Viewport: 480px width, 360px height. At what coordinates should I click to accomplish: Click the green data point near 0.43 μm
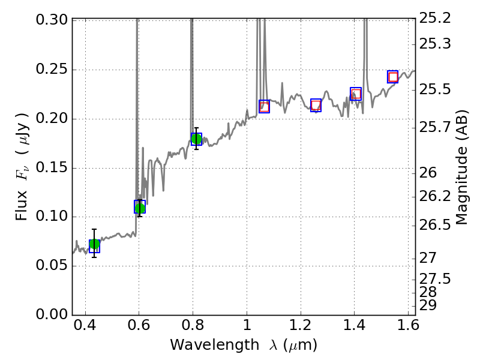(x=94, y=245)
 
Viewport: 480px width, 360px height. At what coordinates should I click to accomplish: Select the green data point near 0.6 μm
(x=140, y=208)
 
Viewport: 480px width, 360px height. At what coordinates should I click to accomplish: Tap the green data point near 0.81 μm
(x=196, y=139)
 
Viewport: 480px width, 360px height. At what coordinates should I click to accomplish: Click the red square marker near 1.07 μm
(x=264, y=106)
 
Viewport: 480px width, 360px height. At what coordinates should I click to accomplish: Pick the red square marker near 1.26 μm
(x=316, y=106)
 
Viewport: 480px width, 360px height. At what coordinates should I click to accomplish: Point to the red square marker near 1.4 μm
(x=356, y=94)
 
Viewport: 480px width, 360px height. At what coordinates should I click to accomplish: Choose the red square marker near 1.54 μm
(x=393, y=77)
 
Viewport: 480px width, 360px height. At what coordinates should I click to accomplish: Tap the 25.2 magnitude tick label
(x=436, y=19)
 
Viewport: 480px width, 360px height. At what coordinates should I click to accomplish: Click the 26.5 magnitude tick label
(x=436, y=225)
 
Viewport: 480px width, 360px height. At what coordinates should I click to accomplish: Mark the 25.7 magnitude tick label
(x=436, y=127)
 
